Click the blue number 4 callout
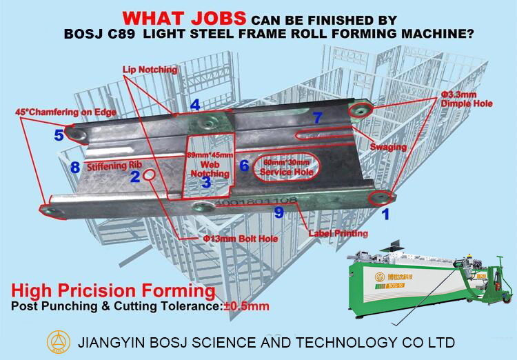coord(195,105)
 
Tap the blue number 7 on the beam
coord(317,117)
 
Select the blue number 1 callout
coord(385,214)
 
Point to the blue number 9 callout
coord(279,212)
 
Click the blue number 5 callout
coord(59,135)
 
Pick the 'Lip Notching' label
coord(150,70)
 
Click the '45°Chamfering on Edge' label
coord(66,112)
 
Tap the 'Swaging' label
coord(388,147)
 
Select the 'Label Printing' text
coord(338,233)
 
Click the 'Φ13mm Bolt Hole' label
coord(241,239)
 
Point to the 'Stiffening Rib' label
coord(114,166)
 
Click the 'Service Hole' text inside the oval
coord(287,172)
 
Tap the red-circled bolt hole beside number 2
coord(149,175)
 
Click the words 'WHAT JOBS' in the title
coord(184,19)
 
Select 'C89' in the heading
coord(121,34)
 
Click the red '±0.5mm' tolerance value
coord(247,306)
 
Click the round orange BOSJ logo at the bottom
coord(59,341)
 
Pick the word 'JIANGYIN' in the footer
coord(112,342)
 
